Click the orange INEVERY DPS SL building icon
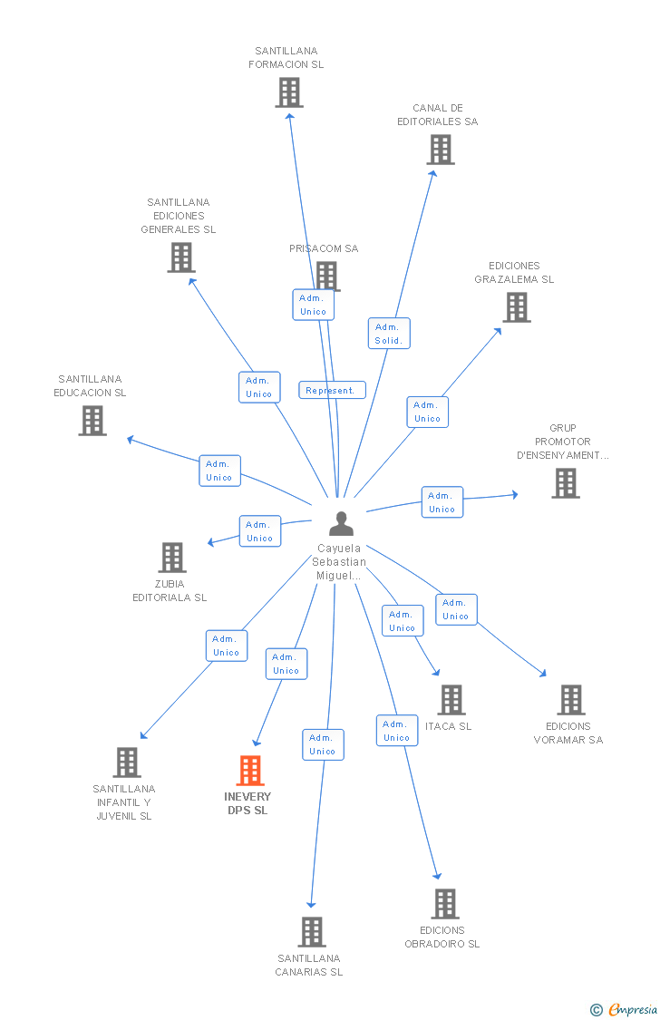(250, 771)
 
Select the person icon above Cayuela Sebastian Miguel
(341, 524)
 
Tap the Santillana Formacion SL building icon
(289, 92)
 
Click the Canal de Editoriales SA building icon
(441, 150)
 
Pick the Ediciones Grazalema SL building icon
(517, 307)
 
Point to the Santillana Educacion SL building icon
(92, 421)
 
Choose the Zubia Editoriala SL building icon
(172, 558)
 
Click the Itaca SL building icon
(451, 700)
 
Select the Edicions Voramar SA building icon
(571, 700)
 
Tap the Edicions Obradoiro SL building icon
(445, 904)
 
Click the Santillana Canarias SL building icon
(312, 932)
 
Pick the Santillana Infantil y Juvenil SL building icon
(127, 763)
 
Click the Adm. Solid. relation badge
(390, 334)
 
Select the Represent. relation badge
(332, 391)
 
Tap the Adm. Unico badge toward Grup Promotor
(442, 502)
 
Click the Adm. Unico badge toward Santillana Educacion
(219, 471)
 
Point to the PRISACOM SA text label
(324, 248)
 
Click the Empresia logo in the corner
(626, 1009)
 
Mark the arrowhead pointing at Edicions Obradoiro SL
(437, 875)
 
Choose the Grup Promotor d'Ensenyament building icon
(566, 483)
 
